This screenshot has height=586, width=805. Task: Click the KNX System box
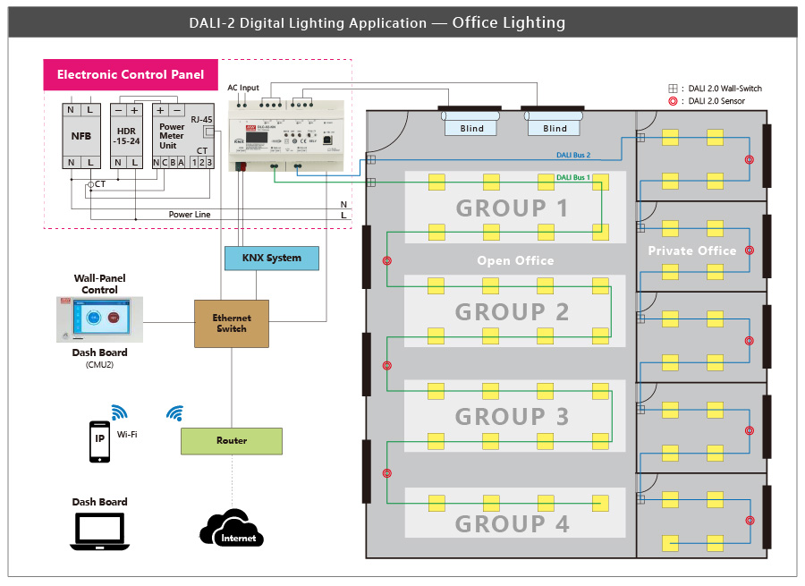271,258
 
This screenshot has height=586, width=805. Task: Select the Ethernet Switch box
232,324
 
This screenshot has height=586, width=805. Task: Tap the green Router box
232,441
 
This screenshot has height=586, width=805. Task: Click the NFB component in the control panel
80,137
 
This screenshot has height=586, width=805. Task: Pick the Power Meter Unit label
172,136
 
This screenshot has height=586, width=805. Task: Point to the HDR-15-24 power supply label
126,136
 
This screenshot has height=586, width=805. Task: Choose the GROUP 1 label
513,208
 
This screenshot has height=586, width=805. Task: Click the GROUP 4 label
513,523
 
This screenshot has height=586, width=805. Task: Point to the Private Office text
692,251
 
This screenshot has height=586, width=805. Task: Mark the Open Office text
515,260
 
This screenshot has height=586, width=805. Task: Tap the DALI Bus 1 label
573,177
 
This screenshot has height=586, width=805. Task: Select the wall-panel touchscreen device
99,319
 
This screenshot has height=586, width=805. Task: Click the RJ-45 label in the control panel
201,119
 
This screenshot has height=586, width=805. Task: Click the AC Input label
243,88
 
